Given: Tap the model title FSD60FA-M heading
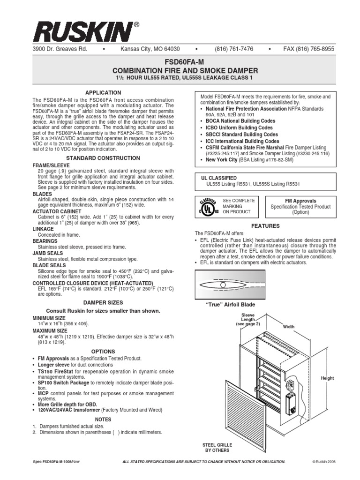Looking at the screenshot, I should [x=180, y=61].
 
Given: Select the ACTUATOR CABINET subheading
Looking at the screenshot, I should [x=54, y=211].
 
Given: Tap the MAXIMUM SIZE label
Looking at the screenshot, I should [x=50, y=330].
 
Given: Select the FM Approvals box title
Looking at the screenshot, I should [x=300, y=201].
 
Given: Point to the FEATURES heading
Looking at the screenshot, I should [x=265, y=226].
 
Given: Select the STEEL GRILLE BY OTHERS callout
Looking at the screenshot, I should [x=217, y=447].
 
